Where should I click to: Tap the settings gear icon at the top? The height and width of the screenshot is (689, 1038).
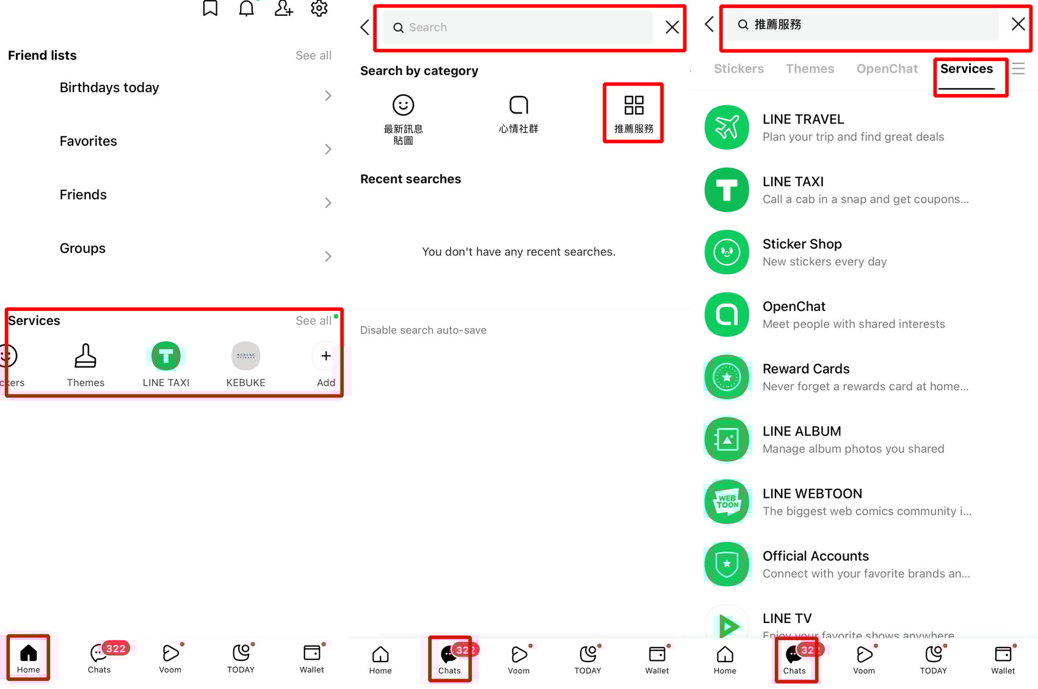[319, 8]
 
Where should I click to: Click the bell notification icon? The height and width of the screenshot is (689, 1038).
[246, 8]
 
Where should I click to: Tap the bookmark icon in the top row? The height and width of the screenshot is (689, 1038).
[210, 8]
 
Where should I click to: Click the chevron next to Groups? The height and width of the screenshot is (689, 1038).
[328, 256]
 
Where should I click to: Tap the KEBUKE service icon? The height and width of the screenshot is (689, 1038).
[245, 356]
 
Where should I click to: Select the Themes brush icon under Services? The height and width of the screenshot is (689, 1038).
[85, 356]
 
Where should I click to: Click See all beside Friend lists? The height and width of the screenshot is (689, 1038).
[313, 56]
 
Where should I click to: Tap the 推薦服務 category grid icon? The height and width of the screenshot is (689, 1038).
[633, 105]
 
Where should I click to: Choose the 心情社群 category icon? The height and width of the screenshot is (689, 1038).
[518, 105]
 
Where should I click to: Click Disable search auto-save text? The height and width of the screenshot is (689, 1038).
[423, 330]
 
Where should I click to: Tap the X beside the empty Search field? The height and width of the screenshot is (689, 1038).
[672, 27]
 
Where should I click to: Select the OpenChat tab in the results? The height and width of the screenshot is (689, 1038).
[887, 69]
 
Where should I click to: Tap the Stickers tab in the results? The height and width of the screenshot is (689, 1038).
[738, 69]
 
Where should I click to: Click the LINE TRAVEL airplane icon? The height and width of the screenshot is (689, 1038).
[727, 128]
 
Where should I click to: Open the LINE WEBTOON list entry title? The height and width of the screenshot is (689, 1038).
[812, 494]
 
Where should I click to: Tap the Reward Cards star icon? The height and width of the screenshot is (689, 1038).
[727, 377]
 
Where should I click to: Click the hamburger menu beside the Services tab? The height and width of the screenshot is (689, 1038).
[1018, 68]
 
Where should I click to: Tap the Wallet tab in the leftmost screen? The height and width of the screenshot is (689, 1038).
[311, 658]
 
